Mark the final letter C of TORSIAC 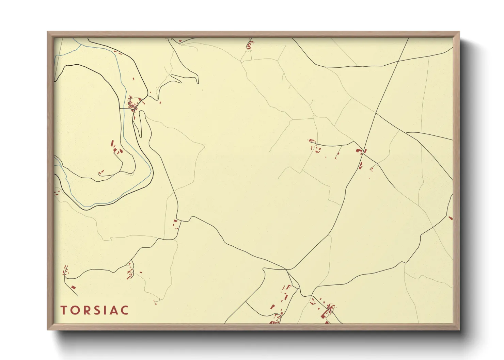tap(125, 310)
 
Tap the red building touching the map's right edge tap(451, 218)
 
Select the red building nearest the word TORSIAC tap(73, 288)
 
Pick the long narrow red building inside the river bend tap(112, 143)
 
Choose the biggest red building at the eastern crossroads tap(358, 150)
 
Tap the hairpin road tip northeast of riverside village tap(198, 82)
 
